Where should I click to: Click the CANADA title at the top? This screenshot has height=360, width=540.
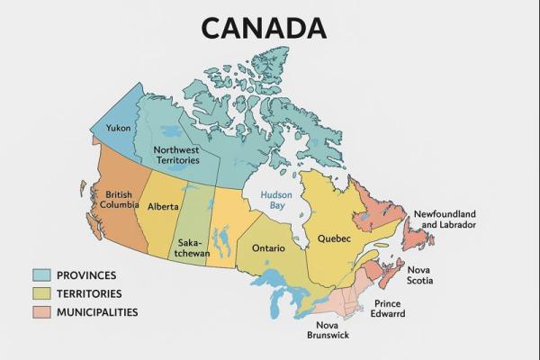[263, 27]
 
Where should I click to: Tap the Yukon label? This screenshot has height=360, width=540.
[118, 128]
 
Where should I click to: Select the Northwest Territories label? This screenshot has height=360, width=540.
[176, 155]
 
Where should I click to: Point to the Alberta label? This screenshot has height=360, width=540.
[163, 206]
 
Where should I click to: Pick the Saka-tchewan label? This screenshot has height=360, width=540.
[191, 247]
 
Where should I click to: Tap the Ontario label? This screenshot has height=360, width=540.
[269, 247]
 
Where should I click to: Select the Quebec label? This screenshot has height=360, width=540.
[334, 238]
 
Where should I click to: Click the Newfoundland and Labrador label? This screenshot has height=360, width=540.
[445, 219]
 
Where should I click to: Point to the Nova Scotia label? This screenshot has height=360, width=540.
[418, 275]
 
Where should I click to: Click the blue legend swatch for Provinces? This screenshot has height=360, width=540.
[40, 275]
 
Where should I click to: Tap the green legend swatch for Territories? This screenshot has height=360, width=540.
[40, 293]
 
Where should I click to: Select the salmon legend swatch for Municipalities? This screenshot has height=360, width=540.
[40, 312]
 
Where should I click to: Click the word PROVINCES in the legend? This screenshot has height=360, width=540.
[86, 275]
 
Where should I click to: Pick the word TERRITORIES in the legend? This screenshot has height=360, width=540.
[89, 293]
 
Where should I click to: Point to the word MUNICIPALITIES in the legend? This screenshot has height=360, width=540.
[97, 312]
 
